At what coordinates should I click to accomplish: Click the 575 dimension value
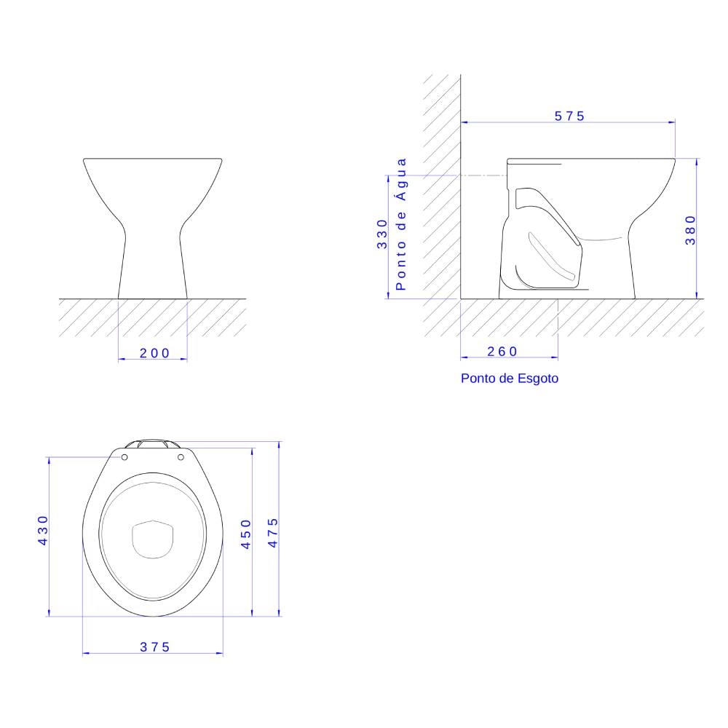click(x=569, y=116)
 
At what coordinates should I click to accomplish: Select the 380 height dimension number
click(x=690, y=230)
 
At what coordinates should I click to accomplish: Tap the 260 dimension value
click(x=502, y=352)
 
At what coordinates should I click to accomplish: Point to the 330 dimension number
click(x=381, y=234)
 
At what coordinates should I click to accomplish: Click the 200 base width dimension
click(x=154, y=353)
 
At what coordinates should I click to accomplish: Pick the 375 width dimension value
click(x=154, y=646)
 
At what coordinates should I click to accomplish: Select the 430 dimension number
click(x=43, y=530)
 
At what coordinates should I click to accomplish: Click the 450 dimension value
click(x=245, y=534)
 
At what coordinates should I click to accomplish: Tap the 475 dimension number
click(x=272, y=533)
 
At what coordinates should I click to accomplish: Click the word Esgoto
click(x=538, y=379)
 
